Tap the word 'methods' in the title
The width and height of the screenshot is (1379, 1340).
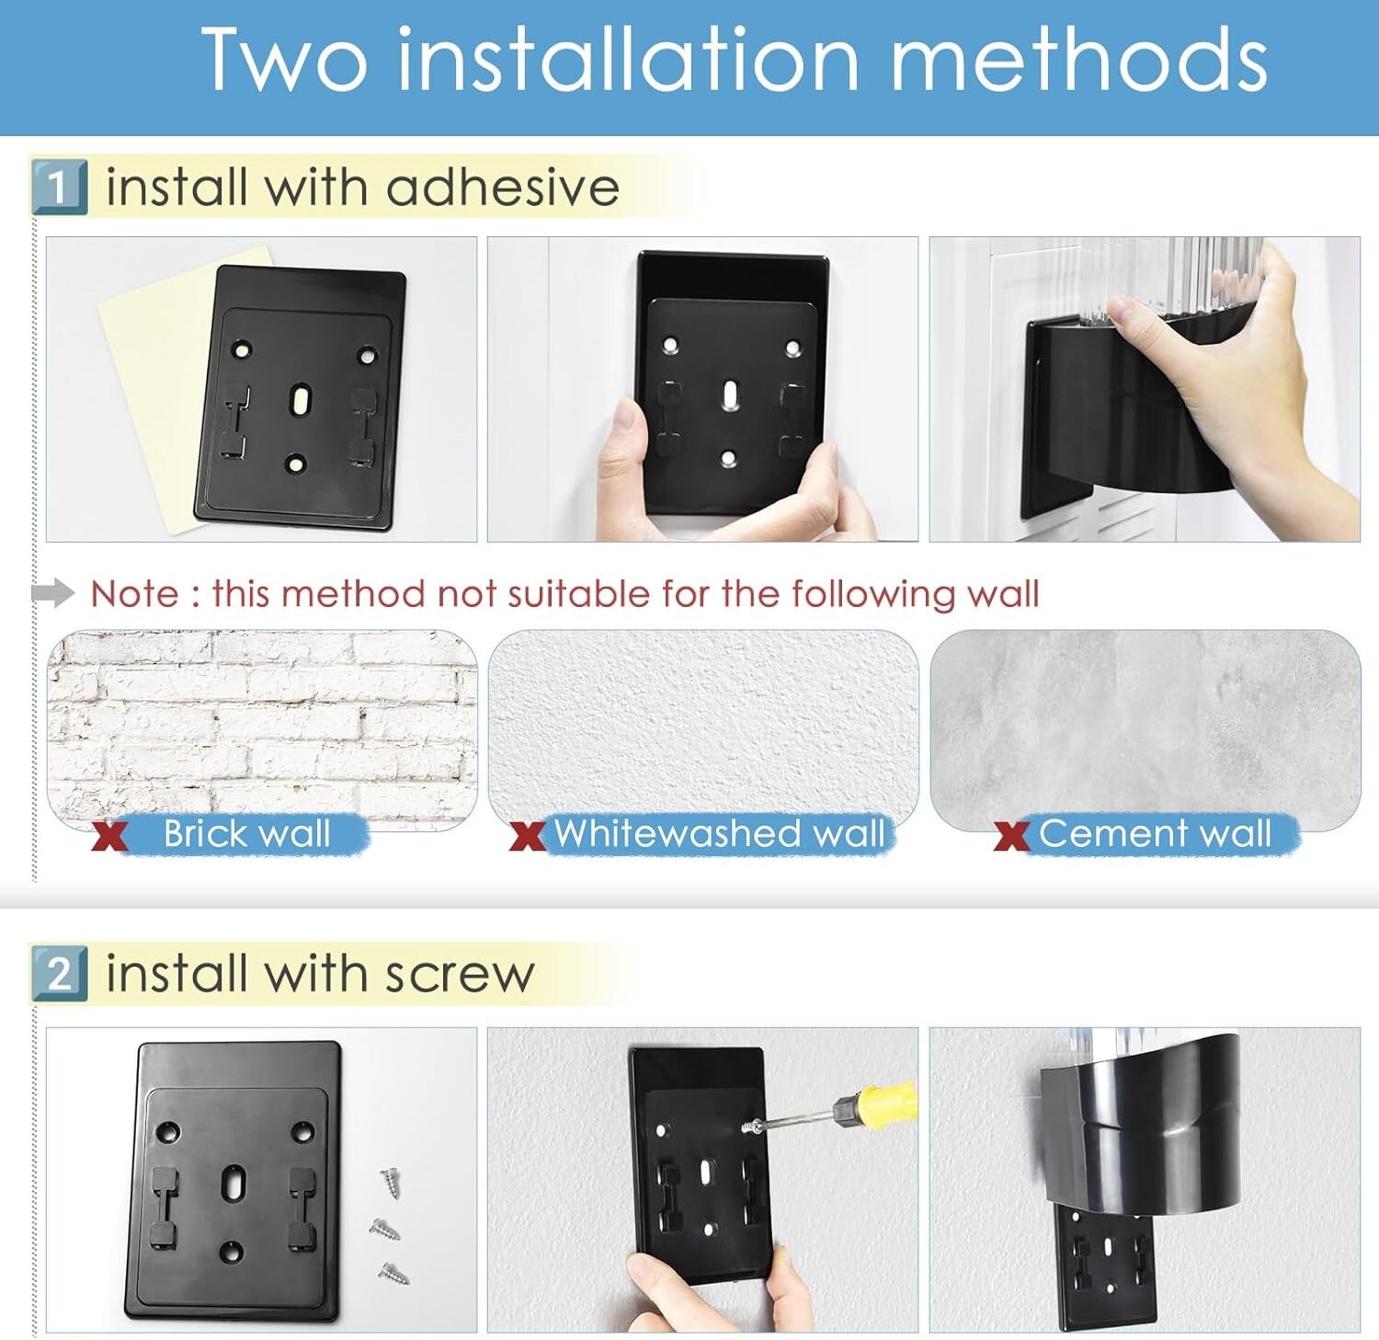[x=1079, y=59]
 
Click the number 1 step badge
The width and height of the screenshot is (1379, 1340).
[x=60, y=187]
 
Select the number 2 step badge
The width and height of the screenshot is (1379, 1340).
[x=60, y=973]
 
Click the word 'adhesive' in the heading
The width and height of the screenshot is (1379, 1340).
[x=503, y=187]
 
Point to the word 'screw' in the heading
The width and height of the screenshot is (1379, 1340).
[x=460, y=975]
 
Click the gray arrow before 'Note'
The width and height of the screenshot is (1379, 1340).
[x=53, y=593]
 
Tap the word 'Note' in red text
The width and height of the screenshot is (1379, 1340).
[x=134, y=594]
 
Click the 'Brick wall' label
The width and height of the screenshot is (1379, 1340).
[x=246, y=833]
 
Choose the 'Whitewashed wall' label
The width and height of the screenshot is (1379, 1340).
[x=719, y=833]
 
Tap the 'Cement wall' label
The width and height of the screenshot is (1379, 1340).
[x=1155, y=833]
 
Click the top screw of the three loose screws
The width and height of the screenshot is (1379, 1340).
[x=392, y=1181]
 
